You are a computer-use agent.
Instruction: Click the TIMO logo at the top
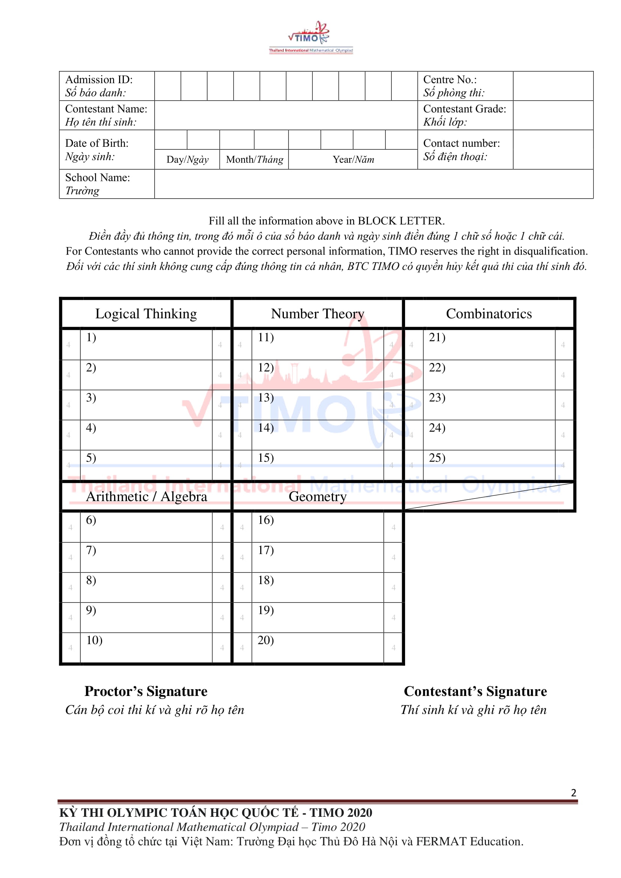point(310,38)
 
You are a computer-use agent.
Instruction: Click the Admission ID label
point(99,80)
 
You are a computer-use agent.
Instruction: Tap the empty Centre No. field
point(553,86)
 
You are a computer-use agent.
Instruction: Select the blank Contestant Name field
point(286,115)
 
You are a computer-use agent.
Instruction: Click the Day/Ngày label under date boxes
point(187,160)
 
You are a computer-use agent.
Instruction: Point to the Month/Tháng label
point(254,160)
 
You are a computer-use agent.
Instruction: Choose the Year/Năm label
point(353,160)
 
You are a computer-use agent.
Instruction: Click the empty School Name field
point(373,184)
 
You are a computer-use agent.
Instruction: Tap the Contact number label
point(461,143)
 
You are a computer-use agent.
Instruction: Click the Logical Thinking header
point(146,313)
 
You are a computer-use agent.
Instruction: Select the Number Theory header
point(317,313)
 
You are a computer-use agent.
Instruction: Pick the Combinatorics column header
point(489,313)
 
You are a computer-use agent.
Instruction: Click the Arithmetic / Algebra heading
point(146,496)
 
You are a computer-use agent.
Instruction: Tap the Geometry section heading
point(317,496)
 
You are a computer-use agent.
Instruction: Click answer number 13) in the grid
point(266,398)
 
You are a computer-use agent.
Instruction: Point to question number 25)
point(437,458)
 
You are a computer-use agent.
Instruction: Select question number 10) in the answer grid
point(94,640)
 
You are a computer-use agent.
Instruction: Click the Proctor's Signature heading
point(146,691)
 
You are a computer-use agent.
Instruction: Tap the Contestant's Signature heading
point(475,691)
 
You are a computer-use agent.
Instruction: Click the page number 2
point(573,793)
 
